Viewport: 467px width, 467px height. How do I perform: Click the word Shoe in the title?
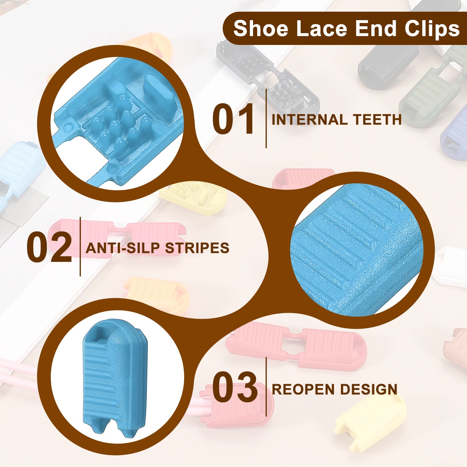[261, 29]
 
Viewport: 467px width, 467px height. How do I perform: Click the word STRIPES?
[197, 248]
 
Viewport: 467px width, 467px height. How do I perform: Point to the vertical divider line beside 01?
[266, 119]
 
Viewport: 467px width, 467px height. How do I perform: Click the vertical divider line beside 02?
[80, 247]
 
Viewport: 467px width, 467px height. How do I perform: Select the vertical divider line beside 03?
[266, 386]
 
